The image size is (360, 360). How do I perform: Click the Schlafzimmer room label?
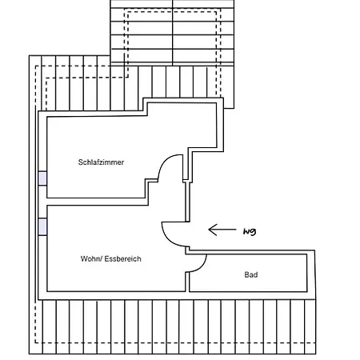tap(101, 162)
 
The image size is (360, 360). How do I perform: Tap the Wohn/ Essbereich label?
tap(110, 258)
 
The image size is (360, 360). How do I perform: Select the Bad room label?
tap(251, 274)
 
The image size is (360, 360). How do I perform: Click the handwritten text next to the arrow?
tap(250, 231)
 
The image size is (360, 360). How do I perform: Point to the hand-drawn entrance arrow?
tap(222, 230)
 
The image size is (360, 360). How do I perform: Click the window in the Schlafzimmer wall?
tap(42, 178)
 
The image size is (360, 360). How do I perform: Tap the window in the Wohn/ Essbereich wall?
tap(42, 226)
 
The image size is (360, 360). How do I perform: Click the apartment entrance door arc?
tap(169, 239)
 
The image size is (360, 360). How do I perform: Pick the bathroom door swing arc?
tap(202, 267)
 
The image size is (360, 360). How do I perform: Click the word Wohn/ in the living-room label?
tap(91, 258)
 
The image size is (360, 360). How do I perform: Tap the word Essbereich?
tap(122, 258)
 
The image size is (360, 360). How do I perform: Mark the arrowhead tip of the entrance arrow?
tap(209, 230)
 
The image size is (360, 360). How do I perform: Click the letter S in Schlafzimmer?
tap(80, 162)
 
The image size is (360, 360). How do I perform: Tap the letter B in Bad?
tap(246, 274)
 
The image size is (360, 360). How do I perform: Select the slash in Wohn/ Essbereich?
tap(101, 258)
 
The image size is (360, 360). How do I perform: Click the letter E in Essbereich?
tap(106, 258)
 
